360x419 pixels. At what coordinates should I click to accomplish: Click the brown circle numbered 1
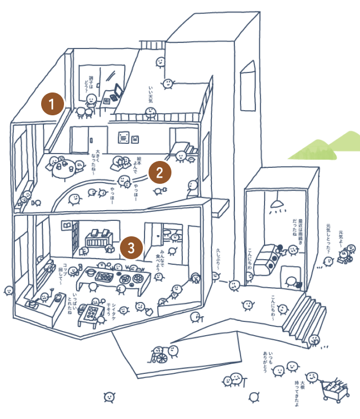(53, 104)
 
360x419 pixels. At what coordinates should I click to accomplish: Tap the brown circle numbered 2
(159, 171)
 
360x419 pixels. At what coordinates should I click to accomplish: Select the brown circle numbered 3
(132, 248)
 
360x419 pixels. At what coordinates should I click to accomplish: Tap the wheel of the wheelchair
(162, 358)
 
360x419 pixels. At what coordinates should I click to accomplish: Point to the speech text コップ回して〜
(63, 275)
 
